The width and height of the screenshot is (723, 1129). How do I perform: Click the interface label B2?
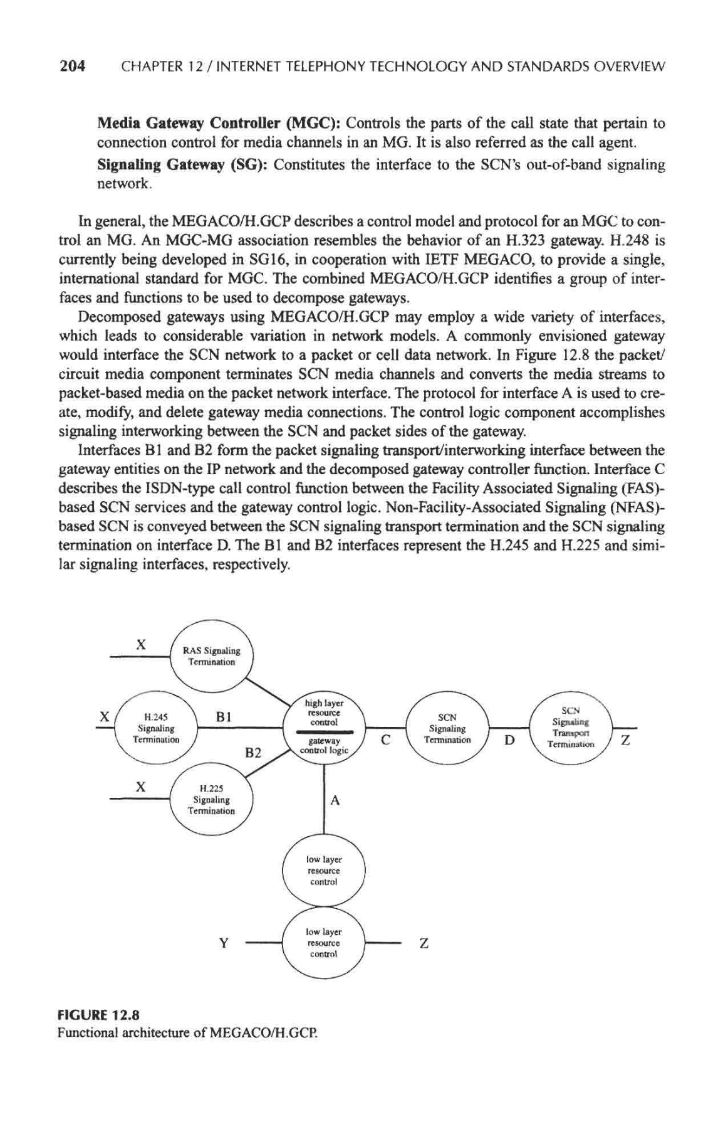[x=252, y=753]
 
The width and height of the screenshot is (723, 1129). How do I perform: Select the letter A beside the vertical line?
[x=335, y=800]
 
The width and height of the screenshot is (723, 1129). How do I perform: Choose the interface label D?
[x=509, y=741]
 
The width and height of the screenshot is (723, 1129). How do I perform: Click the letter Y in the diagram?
[x=223, y=943]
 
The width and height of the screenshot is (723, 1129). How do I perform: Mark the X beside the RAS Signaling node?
[x=142, y=644]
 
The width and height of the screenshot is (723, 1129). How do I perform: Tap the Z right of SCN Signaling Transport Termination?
[x=624, y=741]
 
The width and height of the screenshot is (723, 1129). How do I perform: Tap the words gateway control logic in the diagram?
[x=323, y=746]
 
